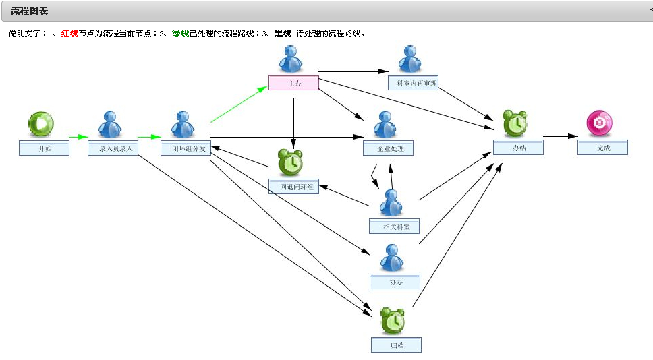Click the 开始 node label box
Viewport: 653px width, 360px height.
click(44, 148)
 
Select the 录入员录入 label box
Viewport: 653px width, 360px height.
click(113, 148)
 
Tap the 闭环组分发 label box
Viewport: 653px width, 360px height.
click(186, 148)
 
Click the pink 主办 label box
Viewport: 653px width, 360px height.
click(293, 83)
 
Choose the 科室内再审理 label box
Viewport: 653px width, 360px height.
click(413, 83)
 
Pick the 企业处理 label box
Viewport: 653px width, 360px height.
click(388, 148)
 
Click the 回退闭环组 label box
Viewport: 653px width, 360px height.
click(293, 187)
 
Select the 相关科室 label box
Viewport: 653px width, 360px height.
click(395, 227)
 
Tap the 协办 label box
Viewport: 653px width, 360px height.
click(395, 282)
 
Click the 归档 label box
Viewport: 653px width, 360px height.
click(397, 345)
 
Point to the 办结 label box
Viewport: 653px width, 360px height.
click(519, 148)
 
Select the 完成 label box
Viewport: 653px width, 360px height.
click(602, 148)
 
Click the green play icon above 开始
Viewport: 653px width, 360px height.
click(40, 123)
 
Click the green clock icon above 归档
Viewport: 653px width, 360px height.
click(393, 321)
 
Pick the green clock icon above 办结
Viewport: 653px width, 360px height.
click(515, 123)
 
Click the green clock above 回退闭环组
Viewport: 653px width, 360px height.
click(290, 162)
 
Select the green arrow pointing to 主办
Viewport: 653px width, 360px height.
click(239, 104)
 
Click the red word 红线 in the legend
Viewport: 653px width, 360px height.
click(69, 33)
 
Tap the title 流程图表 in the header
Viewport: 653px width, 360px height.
click(29, 11)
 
